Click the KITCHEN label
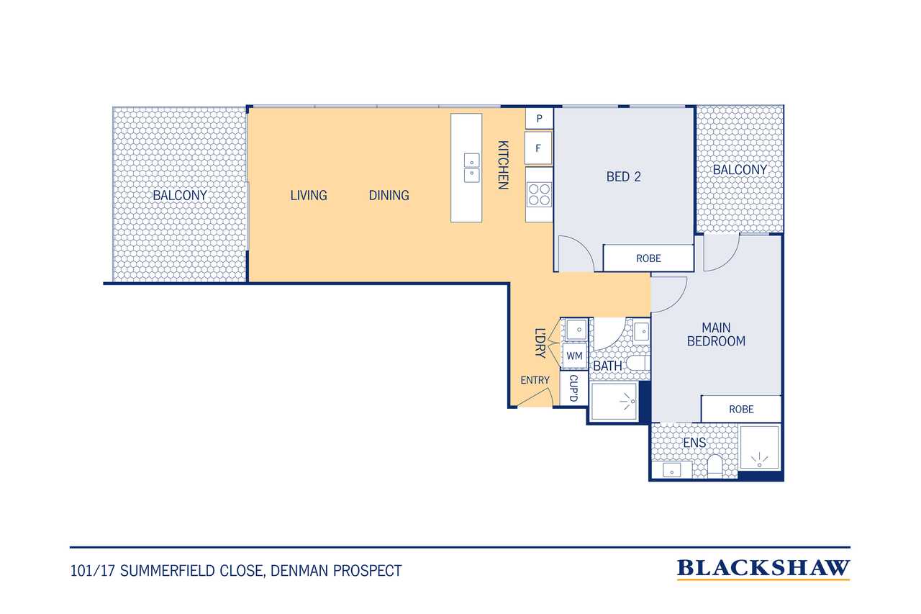[503, 165]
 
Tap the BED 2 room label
[623, 177]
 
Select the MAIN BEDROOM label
[716, 334]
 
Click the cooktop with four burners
[539, 194]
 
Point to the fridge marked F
[538, 148]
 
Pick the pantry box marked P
[539, 119]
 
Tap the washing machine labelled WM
[574, 356]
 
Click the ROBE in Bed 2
[648, 258]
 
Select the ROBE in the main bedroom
[741, 409]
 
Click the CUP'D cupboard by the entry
[574, 388]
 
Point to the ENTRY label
[535, 380]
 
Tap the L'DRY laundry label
[540, 343]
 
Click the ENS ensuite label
[694, 443]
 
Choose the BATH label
[607, 366]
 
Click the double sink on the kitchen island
[471, 168]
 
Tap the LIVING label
[309, 195]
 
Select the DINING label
[389, 195]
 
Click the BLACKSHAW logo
[763, 569]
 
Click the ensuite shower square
[759, 448]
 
